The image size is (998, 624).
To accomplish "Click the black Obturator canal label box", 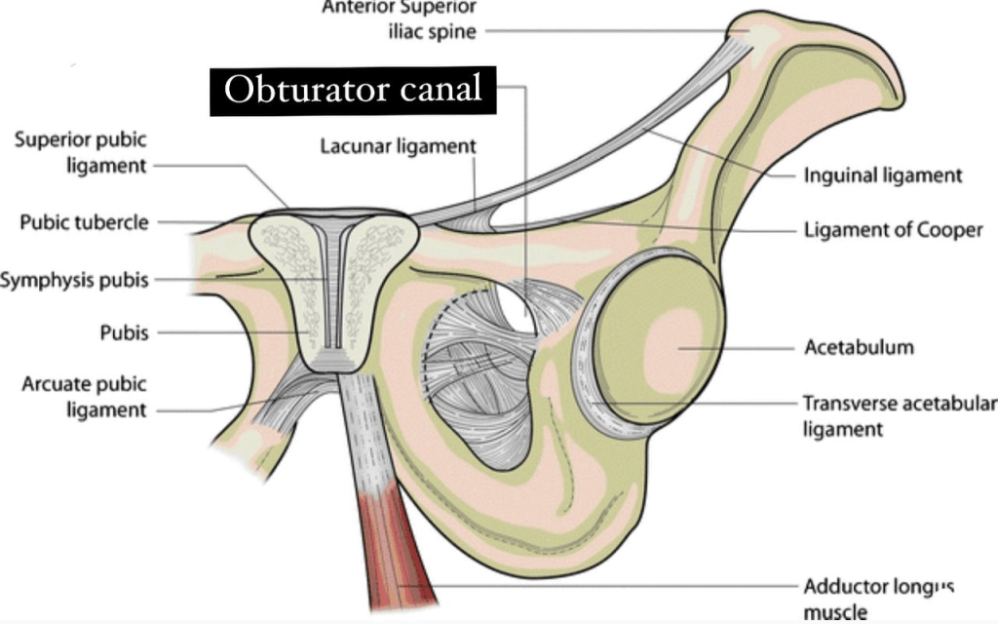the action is click(353, 91).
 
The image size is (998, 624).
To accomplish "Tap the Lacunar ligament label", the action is click(398, 146).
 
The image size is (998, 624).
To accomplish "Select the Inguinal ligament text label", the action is click(883, 175).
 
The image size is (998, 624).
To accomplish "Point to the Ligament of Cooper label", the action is click(893, 230).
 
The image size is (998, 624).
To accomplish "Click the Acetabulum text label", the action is click(859, 347).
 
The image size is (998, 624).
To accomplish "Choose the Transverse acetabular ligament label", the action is click(900, 415).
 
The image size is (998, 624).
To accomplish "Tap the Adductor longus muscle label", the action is click(878, 600).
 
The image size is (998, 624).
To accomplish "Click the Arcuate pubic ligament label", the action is click(84, 397).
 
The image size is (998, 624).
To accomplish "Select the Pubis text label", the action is click(124, 332).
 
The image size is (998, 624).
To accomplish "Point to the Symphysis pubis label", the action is click(74, 280).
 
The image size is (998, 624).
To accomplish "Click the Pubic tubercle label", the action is click(84, 222).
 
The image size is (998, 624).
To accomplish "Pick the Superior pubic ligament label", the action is click(81, 152).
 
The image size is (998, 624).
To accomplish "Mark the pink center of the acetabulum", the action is click(673, 346).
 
